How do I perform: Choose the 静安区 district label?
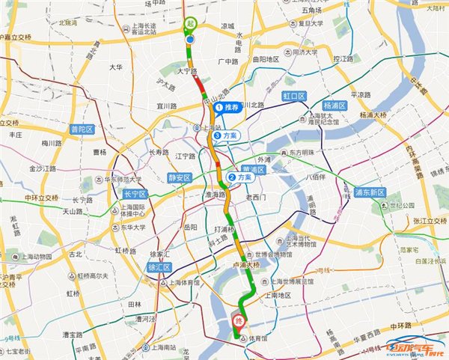point(180,177)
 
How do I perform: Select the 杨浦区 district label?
point(335,106)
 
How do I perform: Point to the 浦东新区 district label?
point(369,192)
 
